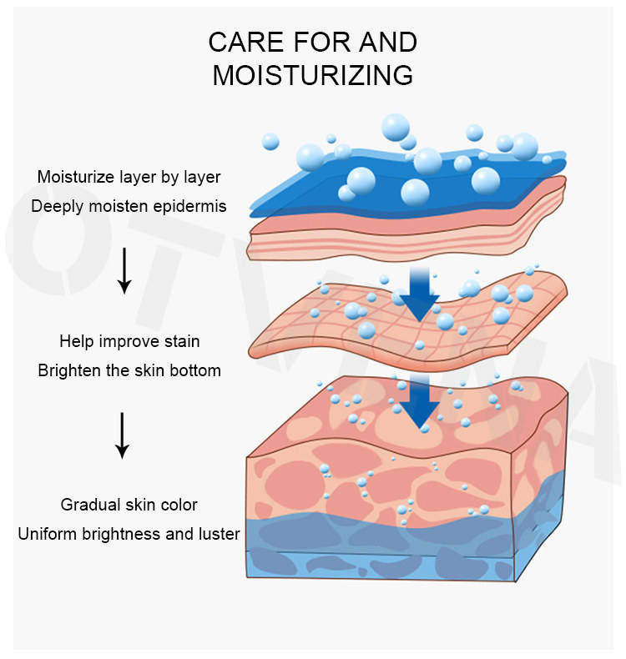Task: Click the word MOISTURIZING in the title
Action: pos(312,75)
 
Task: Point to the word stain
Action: pos(182,341)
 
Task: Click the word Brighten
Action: pos(68,370)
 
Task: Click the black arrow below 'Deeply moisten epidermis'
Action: pos(124,270)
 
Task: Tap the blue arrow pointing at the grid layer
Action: pos(419,294)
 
